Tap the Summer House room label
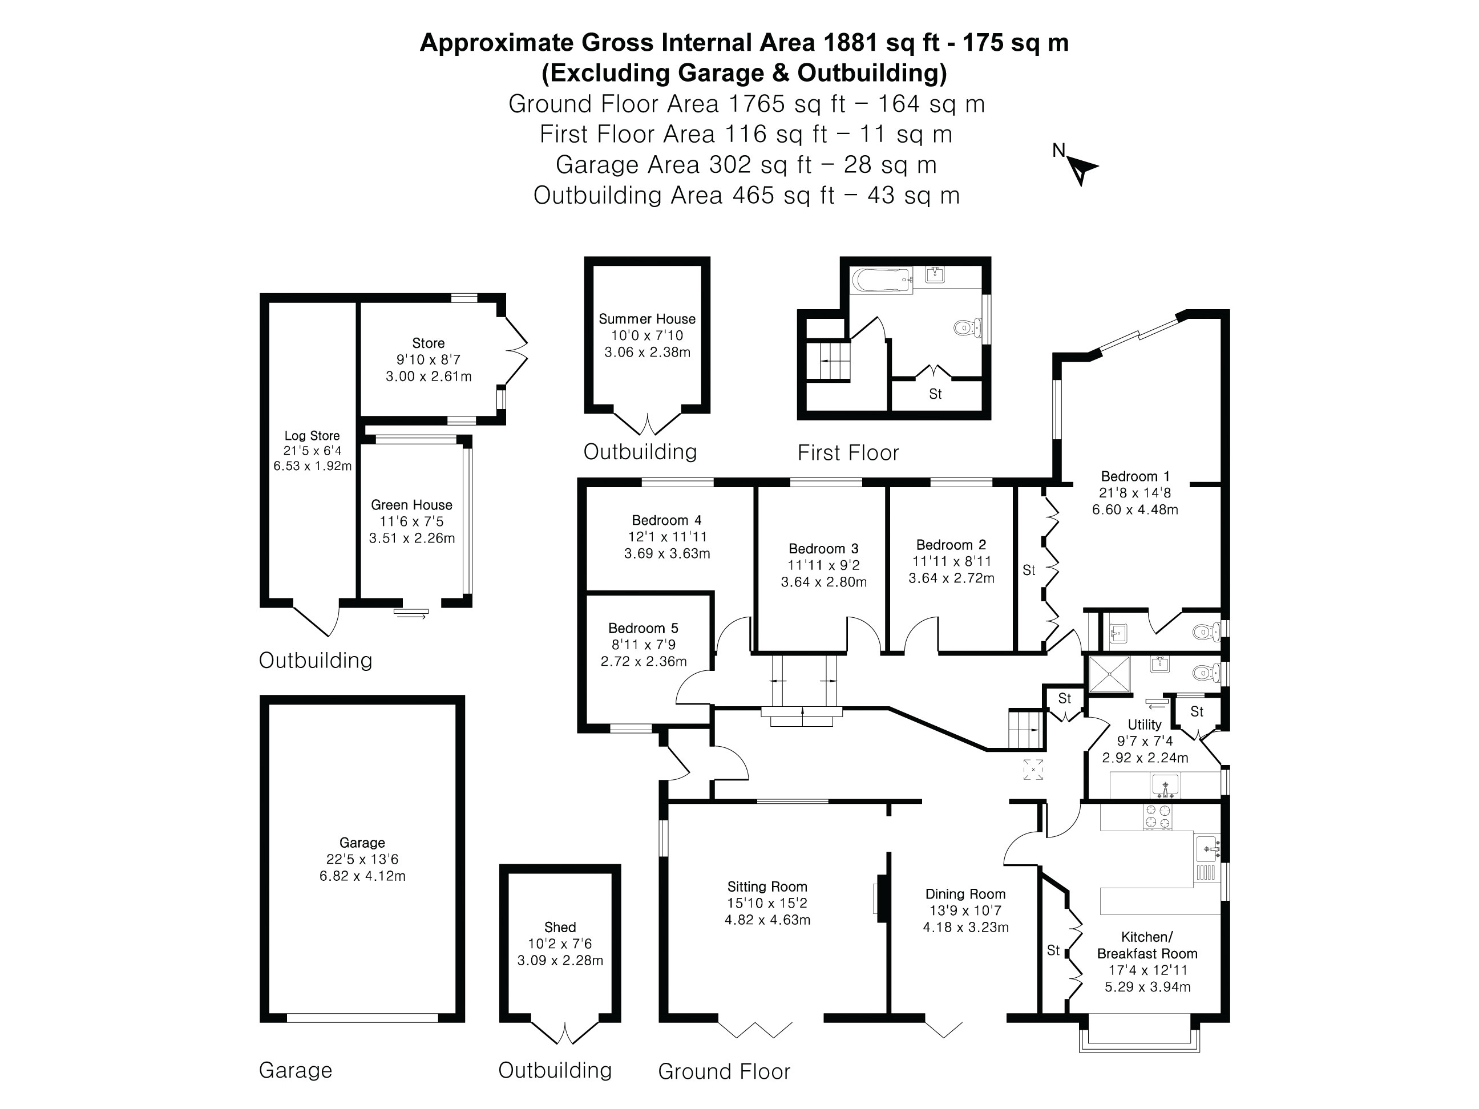point(646,319)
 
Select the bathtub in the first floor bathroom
point(880,279)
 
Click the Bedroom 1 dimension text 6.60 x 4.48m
point(1135,509)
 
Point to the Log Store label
point(312,436)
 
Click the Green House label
point(411,505)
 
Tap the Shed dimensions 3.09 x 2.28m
point(560,961)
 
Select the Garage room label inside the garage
point(362,843)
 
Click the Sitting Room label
point(767,887)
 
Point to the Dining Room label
point(965,894)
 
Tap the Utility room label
point(1144,725)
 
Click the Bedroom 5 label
point(642,628)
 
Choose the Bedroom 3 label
point(823,549)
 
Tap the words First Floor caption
point(847,452)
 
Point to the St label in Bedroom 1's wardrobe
point(1028,570)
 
